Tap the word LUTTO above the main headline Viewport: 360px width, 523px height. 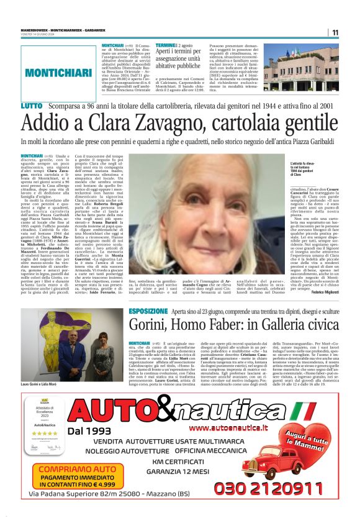[x=32, y=107]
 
